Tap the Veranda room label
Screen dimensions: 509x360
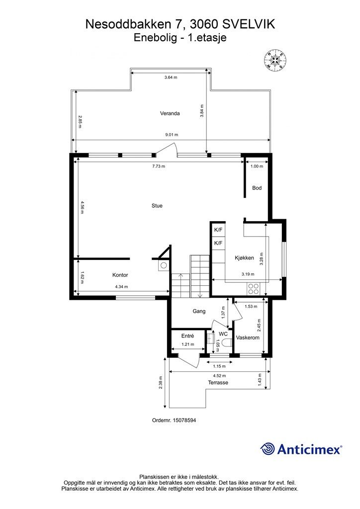pyautogui.click(x=170, y=113)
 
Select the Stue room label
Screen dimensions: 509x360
pyautogui.click(x=157, y=205)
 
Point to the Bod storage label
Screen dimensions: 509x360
pyautogui.click(x=257, y=188)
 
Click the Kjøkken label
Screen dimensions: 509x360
pyautogui.click(x=245, y=257)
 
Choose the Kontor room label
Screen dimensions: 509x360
pyautogui.click(x=120, y=275)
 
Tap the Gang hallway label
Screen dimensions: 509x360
pyautogui.click(x=199, y=311)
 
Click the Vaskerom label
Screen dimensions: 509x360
pyautogui.click(x=248, y=338)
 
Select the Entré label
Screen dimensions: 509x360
pyautogui.click(x=187, y=336)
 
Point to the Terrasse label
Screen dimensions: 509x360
pyautogui.click(x=218, y=383)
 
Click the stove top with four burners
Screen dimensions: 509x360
pyautogui.click(x=254, y=288)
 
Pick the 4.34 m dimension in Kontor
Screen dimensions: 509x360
pyautogui.click(x=121, y=286)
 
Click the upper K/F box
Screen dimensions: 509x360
pyautogui.click(x=218, y=230)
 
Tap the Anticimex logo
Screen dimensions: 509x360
pyautogui.click(x=301, y=449)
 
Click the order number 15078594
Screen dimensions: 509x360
pyautogui.click(x=174, y=420)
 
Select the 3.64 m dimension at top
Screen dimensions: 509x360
pyautogui.click(x=171, y=78)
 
